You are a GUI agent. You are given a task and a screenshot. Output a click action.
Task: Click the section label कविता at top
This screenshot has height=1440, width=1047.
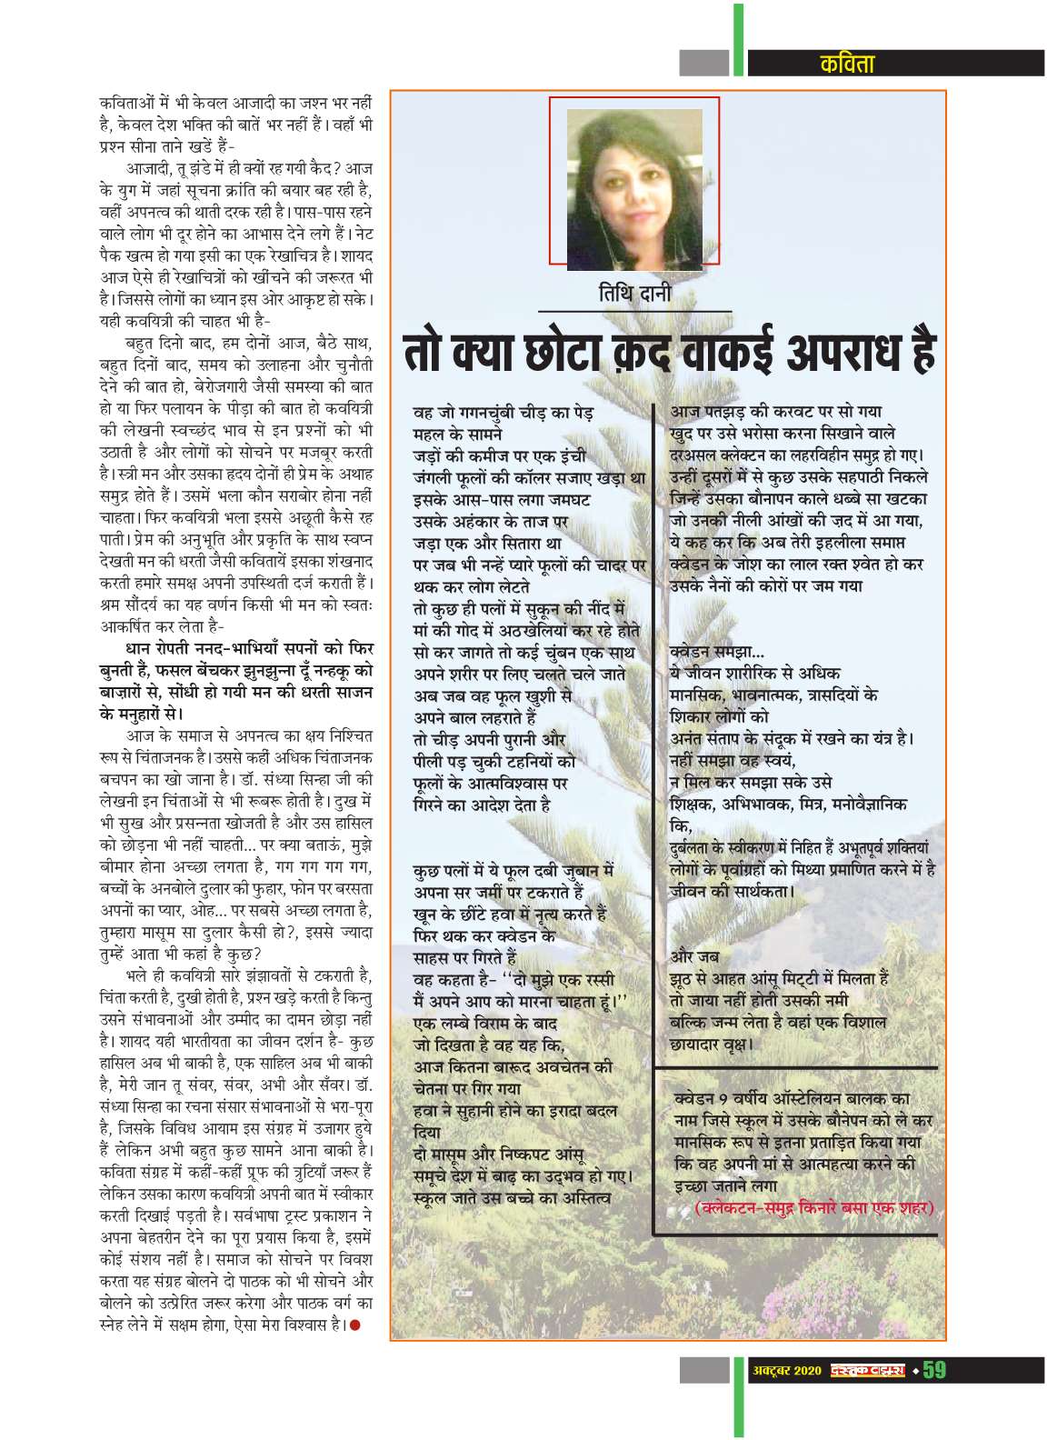[x=845, y=63]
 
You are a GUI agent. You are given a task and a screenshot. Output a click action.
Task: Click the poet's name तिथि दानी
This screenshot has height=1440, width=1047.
[x=633, y=294]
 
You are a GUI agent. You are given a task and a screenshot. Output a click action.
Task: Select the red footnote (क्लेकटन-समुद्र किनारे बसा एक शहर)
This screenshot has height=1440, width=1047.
[x=814, y=1208]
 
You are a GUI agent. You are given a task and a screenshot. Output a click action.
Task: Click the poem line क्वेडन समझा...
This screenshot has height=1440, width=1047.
[x=716, y=651]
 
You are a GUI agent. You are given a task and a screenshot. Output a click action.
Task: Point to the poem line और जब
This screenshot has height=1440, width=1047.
[x=693, y=957]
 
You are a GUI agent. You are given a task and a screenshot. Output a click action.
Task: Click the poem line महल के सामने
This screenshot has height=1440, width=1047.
[x=452, y=435]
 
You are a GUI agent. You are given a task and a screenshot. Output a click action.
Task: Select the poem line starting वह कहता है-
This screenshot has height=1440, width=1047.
[x=514, y=978]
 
